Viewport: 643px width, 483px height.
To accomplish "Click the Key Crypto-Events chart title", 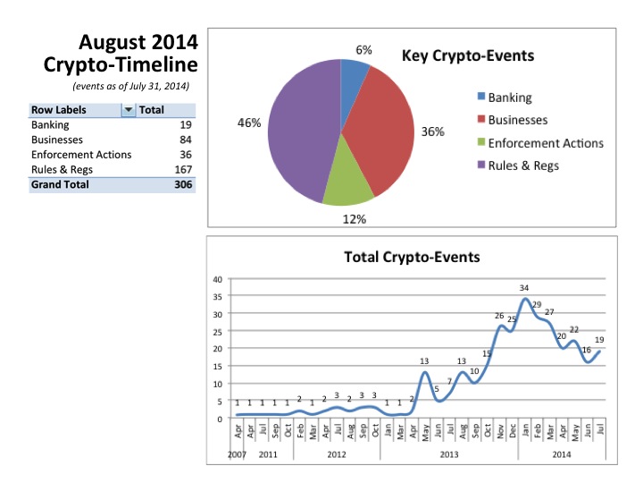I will [x=468, y=56].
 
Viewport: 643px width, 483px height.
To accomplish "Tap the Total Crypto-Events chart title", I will [x=412, y=257].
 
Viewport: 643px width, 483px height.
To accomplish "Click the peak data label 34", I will [x=524, y=287].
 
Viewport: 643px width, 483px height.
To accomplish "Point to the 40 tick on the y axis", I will [x=218, y=279].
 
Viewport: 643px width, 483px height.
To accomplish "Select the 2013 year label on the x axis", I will [x=449, y=454].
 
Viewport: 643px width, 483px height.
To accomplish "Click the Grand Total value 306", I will [x=180, y=184].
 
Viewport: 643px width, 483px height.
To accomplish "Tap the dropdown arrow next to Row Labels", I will [x=128, y=110].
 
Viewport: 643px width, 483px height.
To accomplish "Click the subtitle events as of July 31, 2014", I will [x=130, y=86].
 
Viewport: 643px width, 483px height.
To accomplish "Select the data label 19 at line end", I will [x=600, y=340].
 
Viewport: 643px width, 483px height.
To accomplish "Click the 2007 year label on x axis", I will [x=237, y=454].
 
